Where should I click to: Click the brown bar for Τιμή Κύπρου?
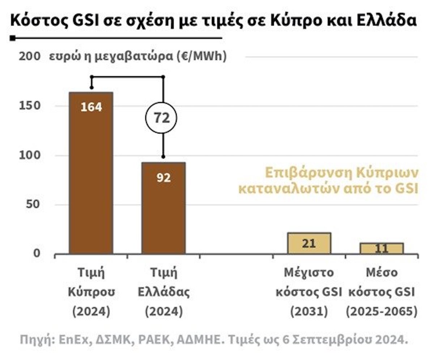click(91, 173)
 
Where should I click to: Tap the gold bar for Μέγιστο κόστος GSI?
click(309, 243)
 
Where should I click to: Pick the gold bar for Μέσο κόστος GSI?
click(382, 248)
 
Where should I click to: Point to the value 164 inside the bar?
click(91, 107)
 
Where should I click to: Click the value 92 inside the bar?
click(163, 177)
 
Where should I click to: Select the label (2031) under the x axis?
click(309, 312)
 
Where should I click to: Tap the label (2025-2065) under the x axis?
click(382, 312)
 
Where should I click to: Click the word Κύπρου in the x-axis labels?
click(91, 292)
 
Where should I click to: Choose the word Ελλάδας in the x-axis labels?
click(163, 292)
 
